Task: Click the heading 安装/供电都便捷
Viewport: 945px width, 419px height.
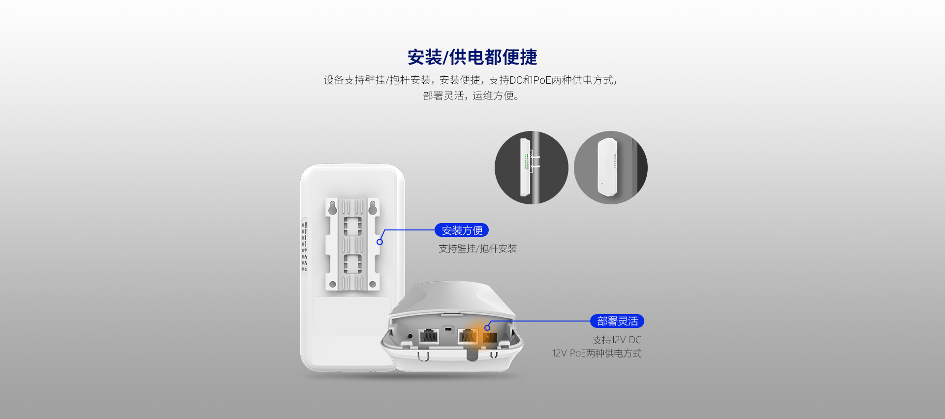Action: (472, 57)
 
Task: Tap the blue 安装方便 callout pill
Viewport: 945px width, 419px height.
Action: (462, 230)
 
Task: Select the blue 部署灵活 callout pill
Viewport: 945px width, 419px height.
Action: (617, 321)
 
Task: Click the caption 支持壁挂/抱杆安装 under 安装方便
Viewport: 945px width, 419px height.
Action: (478, 249)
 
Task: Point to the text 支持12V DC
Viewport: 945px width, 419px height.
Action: (617, 340)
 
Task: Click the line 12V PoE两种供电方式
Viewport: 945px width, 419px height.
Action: (597, 353)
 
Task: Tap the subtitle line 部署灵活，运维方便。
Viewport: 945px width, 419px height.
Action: (472, 96)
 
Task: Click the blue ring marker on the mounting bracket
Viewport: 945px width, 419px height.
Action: (379, 242)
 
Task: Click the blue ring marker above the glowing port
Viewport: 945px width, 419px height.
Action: (487, 327)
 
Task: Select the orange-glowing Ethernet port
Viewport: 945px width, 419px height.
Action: (489, 337)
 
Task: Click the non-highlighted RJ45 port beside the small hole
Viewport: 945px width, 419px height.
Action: (429, 336)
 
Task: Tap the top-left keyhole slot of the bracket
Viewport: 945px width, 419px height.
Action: (333, 207)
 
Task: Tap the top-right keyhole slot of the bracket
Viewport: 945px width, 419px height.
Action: (373, 207)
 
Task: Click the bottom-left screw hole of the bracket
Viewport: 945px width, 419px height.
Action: (333, 284)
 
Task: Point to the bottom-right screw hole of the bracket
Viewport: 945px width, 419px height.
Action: (373, 284)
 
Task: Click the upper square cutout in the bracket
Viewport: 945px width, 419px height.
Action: (352, 226)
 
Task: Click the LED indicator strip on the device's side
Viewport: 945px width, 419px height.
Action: (305, 247)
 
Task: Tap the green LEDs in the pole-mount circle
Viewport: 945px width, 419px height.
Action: (527, 161)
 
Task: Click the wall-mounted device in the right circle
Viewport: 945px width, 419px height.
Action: (607, 167)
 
